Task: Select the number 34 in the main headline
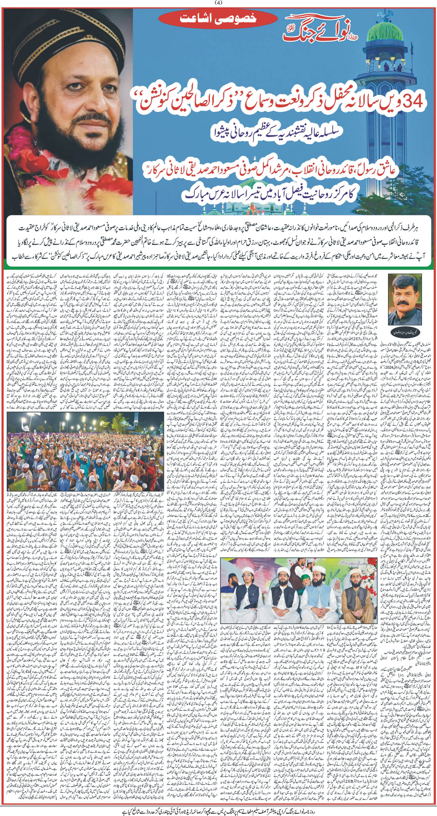tap(410, 101)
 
